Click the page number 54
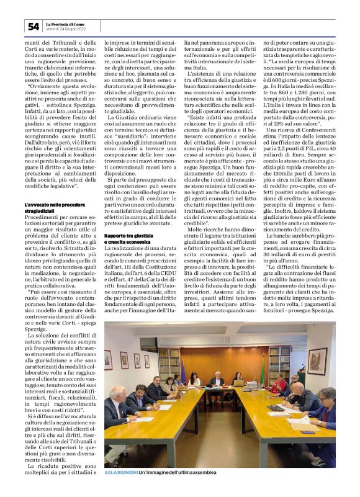tap(33, 26)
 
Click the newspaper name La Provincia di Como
tap(64, 24)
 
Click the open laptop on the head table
tap(238, 383)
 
